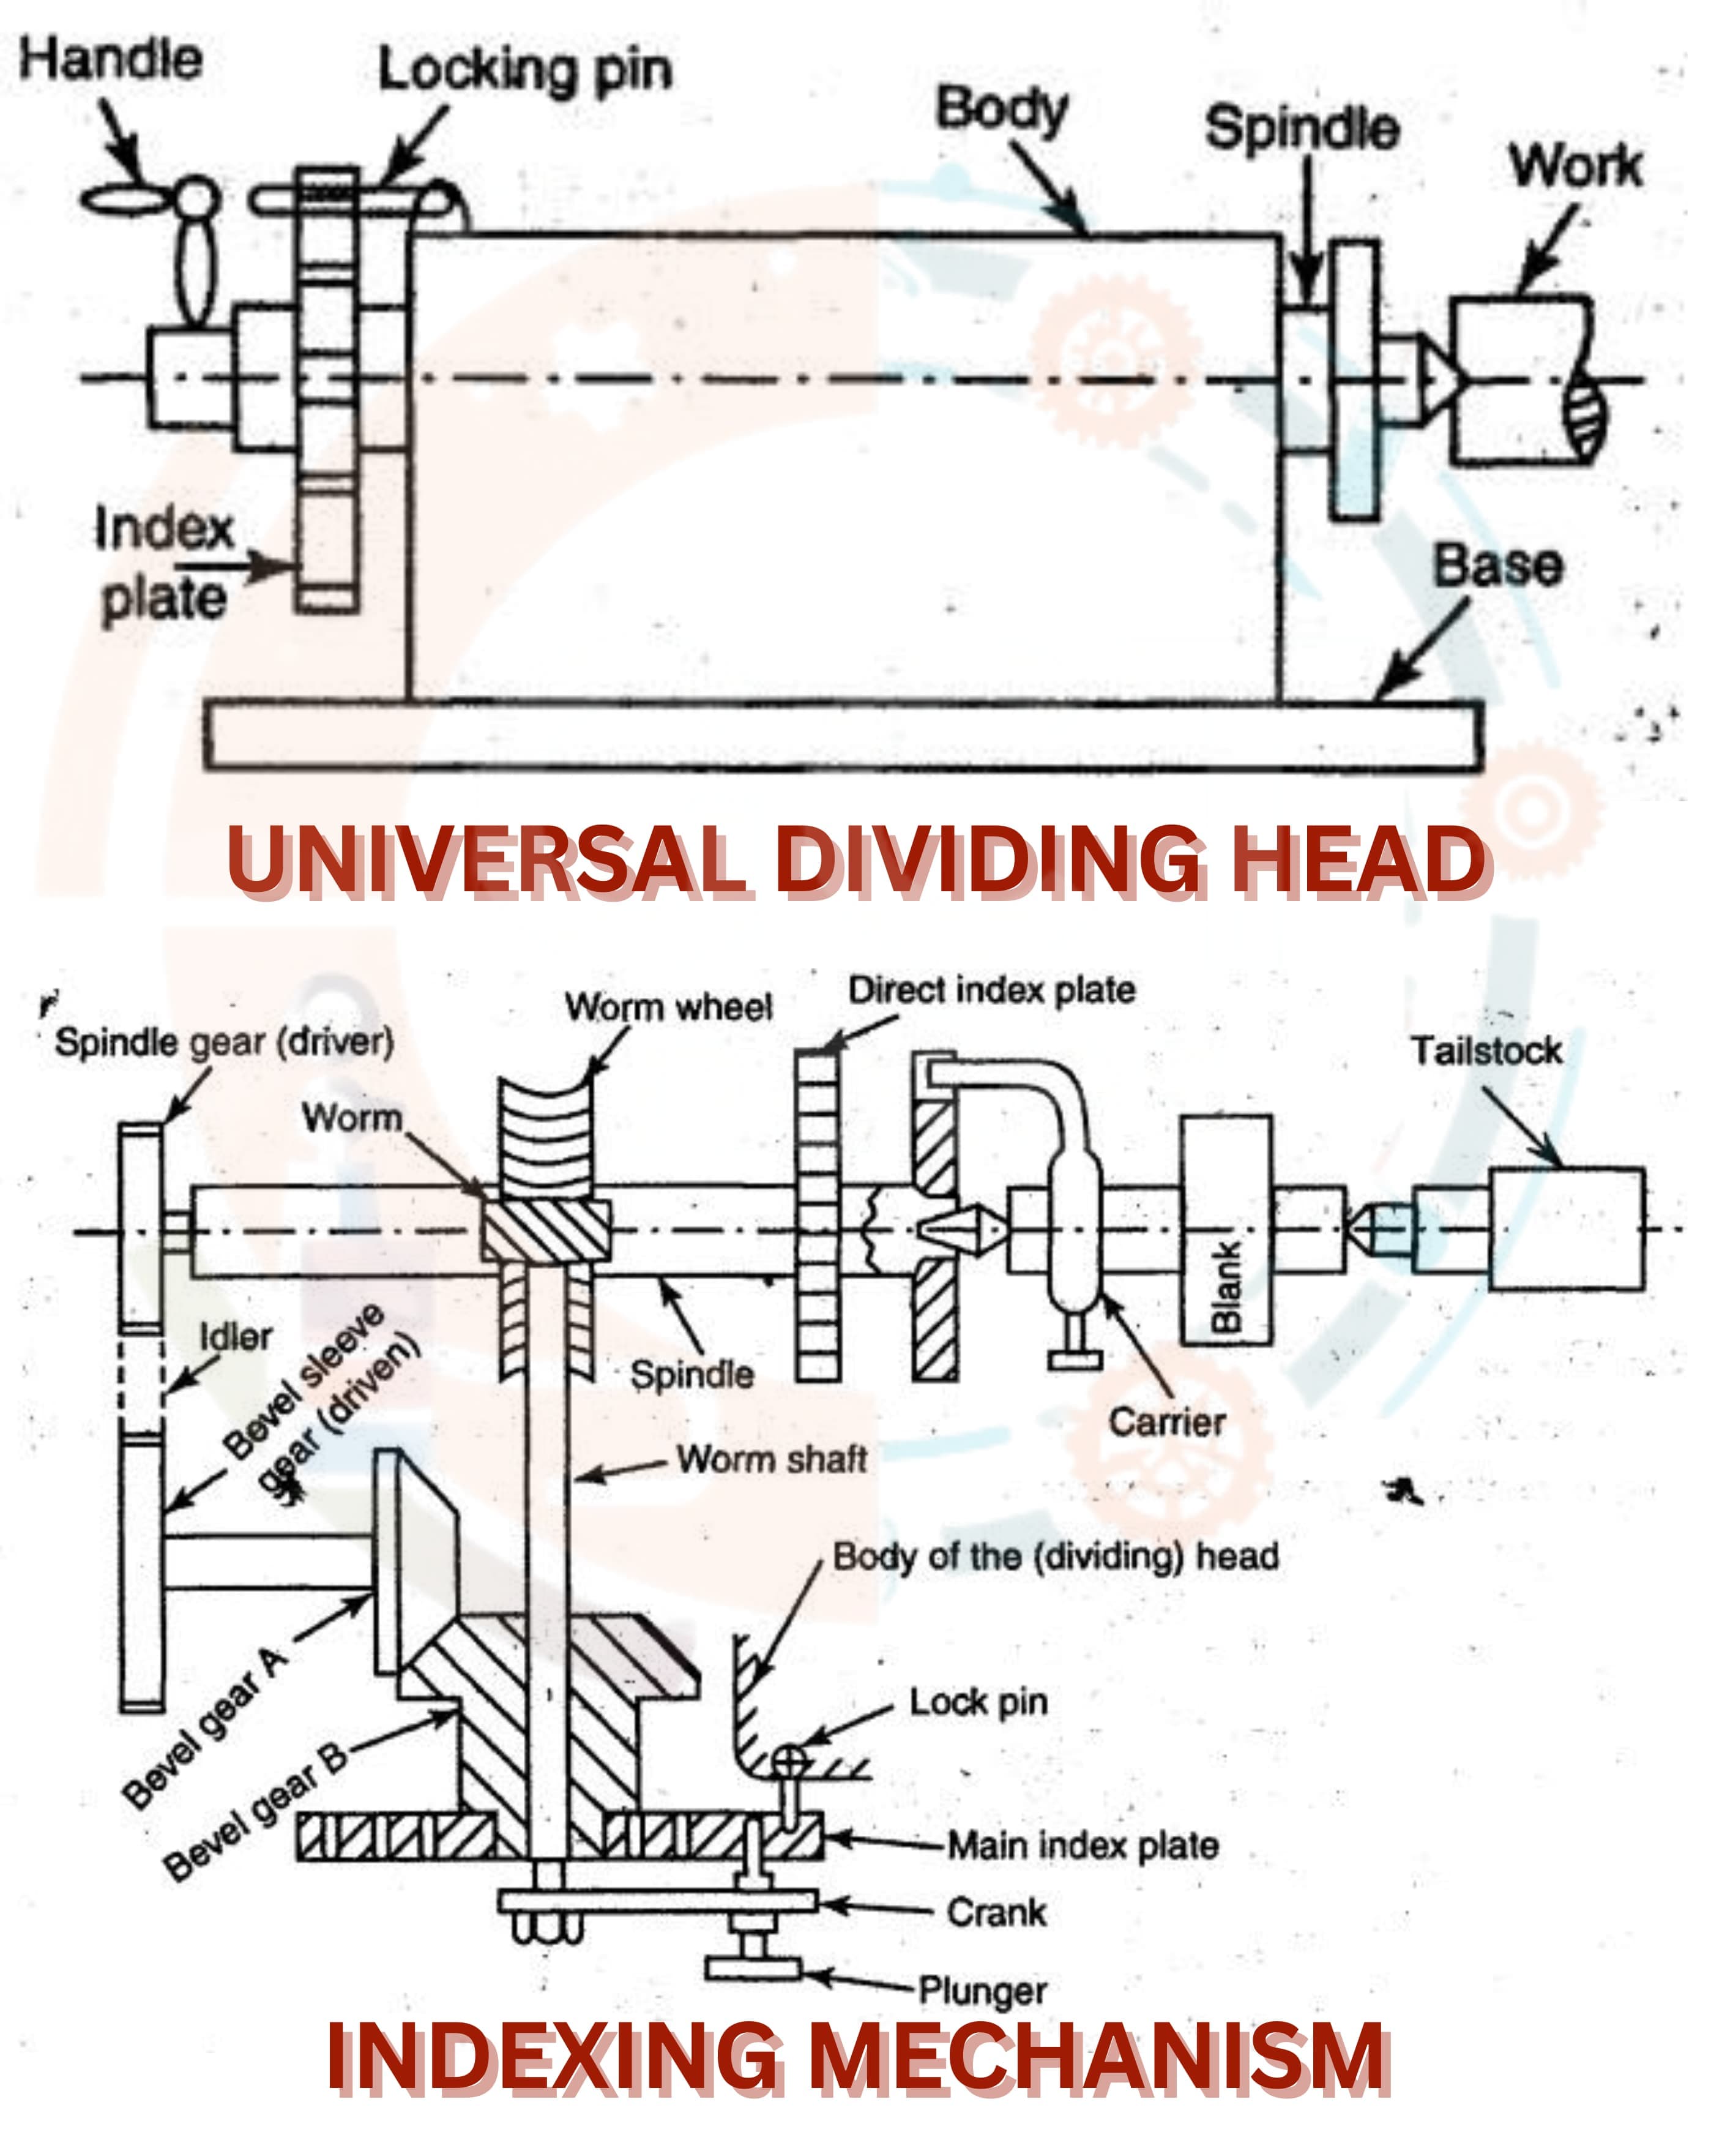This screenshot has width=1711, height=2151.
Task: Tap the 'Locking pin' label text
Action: click(525, 72)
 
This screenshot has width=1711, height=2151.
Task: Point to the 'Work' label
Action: click(1575, 166)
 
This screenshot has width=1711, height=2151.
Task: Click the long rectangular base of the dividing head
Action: click(843, 735)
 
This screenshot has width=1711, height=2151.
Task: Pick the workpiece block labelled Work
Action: click(1516, 379)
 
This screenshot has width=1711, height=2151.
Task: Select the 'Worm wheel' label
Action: click(668, 1007)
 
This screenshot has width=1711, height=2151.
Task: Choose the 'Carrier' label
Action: click(1166, 1423)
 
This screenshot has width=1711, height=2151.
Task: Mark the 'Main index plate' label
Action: click(1083, 1846)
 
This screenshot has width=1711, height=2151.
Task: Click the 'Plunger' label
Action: click(983, 1991)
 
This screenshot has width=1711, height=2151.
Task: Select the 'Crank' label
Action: click(997, 1912)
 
